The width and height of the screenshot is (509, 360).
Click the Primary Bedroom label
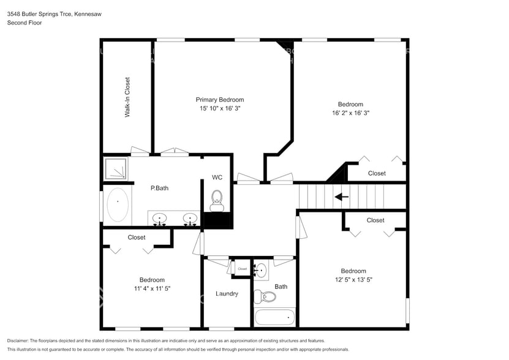(x=219, y=100)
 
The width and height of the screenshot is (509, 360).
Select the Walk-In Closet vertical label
(x=127, y=97)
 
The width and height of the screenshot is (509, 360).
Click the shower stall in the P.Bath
(x=115, y=168)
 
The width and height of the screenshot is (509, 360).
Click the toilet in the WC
(x=216, y=198)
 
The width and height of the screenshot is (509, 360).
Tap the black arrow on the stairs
(x=341, y=197)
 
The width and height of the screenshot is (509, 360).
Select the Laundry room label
(x=227, y=294)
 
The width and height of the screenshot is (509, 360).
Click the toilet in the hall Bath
(x=265, y=297)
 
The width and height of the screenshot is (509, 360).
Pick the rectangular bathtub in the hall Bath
(x=275, y=318)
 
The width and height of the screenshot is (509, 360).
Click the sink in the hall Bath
(x=261, y=269)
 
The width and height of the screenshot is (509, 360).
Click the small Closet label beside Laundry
(x=242, y=269)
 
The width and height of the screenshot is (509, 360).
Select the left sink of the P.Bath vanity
(x=160, y=218)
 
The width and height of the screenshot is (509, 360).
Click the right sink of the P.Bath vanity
(x=190, y=218)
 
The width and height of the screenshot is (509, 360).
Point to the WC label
(x=217, y=178)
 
